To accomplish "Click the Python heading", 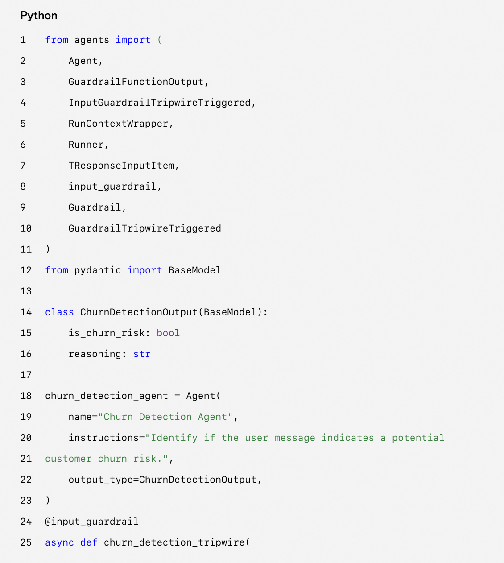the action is [x=39, y=16].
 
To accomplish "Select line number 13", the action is [x=26, y=291].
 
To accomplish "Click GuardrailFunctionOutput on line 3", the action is [x=136, y=82].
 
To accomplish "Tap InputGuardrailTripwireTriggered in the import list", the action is [x=159, y=103].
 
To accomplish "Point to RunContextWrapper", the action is [x=118, y=124].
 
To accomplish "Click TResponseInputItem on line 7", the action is [x=121, y=166].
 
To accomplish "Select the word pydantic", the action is [x=97, y=270].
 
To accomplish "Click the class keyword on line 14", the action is [x=59, y=312].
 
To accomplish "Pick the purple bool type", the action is [x=168, y=333].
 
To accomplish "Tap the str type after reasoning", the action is [x=142, y=354].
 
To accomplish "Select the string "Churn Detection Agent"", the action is [x=165, y=417].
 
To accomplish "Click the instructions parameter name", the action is [x=103, y=438].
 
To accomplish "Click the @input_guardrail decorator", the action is [x=92, y=522].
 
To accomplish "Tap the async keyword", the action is [x=59, y=542].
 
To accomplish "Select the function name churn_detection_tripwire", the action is [x=174, y=542].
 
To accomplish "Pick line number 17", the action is [x=26, y=375].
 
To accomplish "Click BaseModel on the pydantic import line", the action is [x=194, y=270].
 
